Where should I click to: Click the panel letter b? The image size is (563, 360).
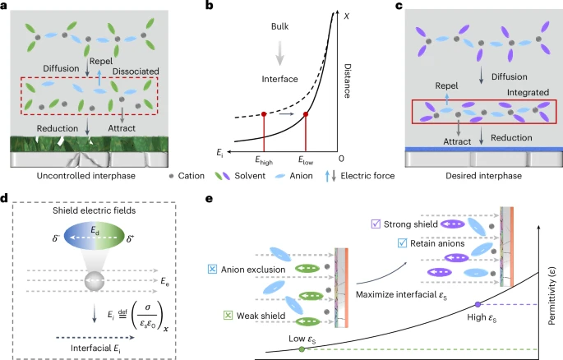tap(209, 6)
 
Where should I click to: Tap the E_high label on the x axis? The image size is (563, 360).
tap(264, 160)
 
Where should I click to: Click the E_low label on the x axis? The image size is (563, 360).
tap(306, 160)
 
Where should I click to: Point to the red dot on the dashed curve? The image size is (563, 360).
tap(264, 114)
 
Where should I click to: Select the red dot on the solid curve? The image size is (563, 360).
tap(306, 114)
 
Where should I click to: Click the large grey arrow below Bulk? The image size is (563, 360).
tap(279, 53)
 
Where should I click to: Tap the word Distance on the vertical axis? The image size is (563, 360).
tap(347, 81)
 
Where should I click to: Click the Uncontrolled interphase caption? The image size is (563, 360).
tap(85, 176)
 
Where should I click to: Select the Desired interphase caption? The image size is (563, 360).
tap(483, 176)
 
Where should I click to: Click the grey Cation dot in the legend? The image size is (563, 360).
tap(171, 176)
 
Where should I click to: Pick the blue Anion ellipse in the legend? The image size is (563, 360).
tap(279, 176)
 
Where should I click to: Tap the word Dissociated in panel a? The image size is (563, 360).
tap(136, 72)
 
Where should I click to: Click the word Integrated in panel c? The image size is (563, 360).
tap(528, 93)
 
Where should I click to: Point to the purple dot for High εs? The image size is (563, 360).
tap(478, 304)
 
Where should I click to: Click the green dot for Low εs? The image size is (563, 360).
tap(302, 348)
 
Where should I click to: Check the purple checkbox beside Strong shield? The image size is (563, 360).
tap(376, 224)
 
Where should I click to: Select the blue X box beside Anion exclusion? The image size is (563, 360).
tap(212, 270)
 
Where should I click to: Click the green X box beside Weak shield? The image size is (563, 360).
tap(228, 316)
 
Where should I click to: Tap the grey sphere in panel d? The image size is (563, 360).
tap(95, 281)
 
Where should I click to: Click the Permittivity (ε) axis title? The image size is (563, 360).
tap(552, 296)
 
